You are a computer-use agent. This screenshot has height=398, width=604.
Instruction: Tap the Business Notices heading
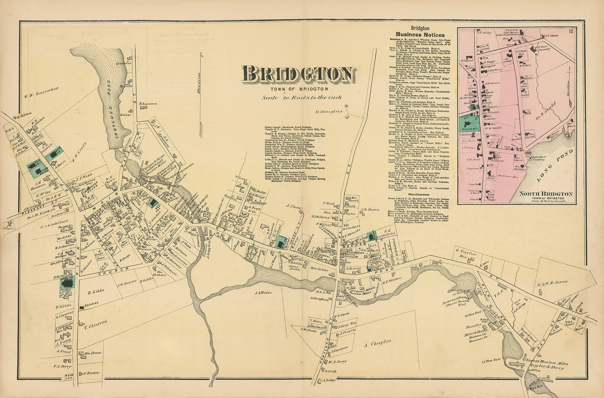point(418,35)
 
